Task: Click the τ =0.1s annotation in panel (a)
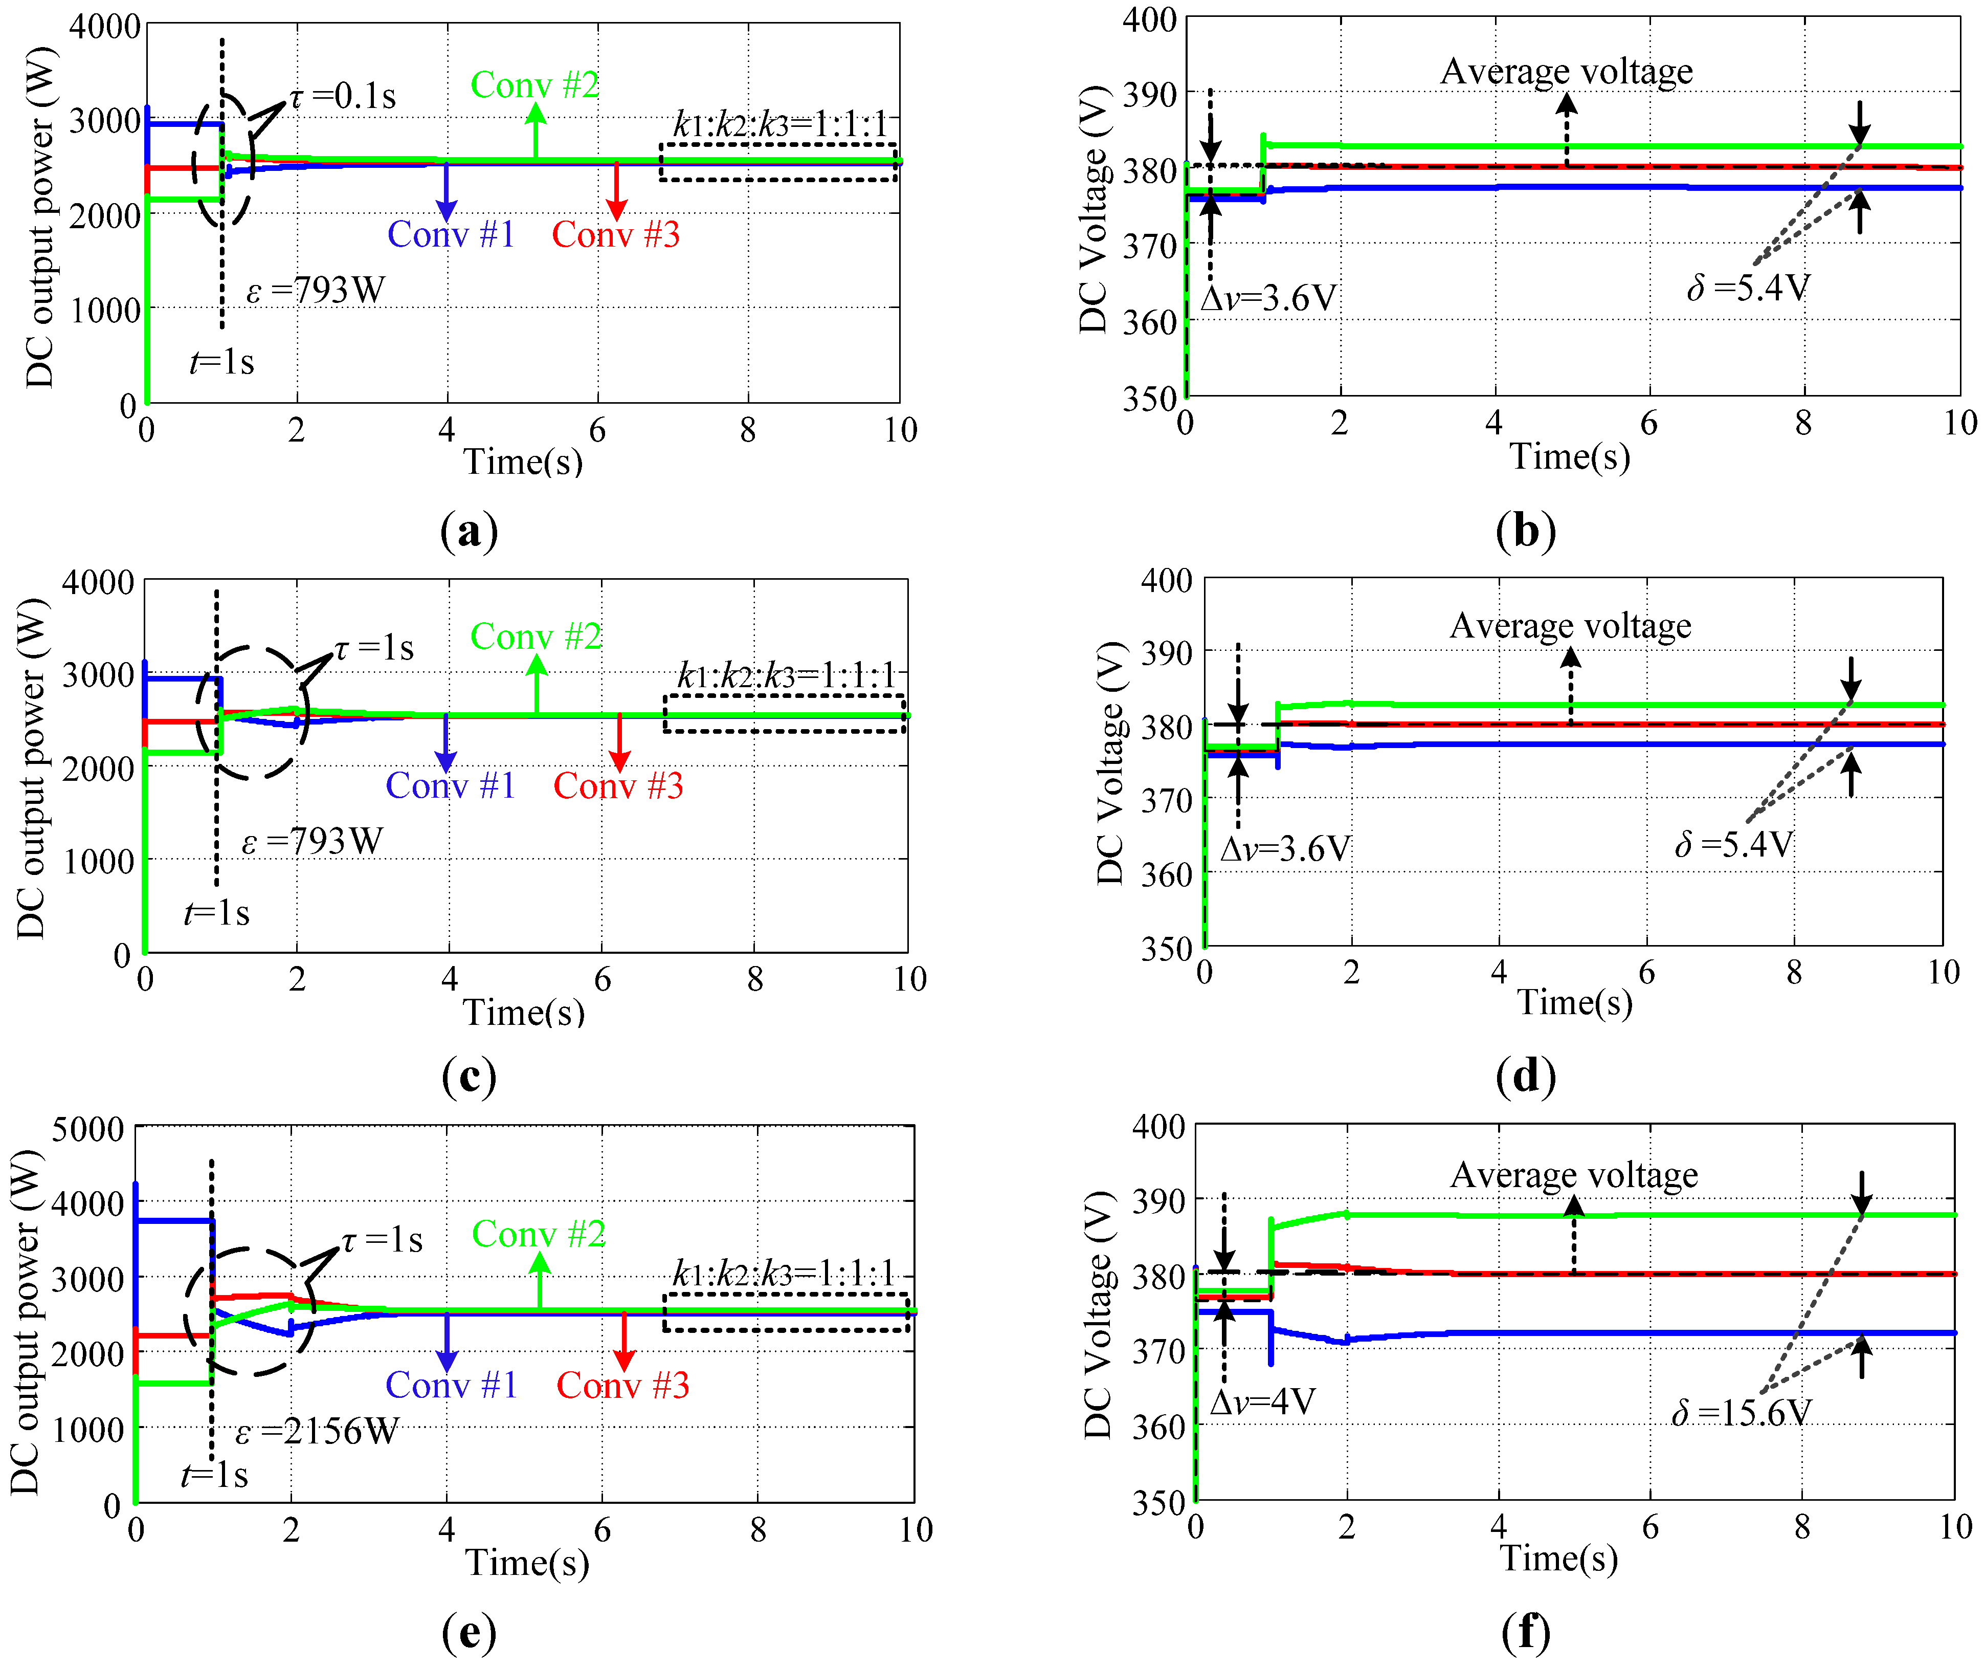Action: click(x=342, y=96)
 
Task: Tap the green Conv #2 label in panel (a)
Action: click(x=535, y=85)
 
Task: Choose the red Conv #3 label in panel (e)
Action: click(x=623, y=1385)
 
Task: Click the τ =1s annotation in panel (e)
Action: click(x=382, y=1240)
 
